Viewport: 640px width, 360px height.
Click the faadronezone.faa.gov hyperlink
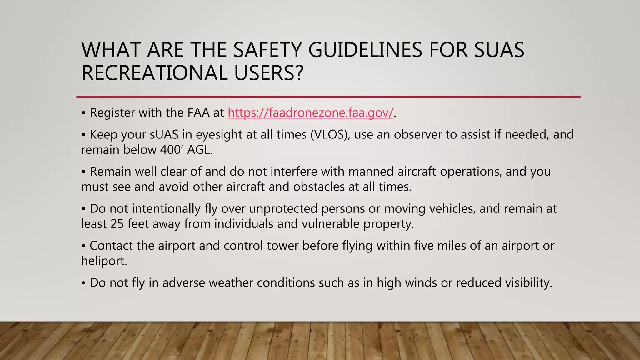click(310, 113)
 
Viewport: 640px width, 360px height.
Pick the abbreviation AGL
click(200, 150)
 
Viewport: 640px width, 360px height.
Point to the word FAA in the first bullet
click(198, 113)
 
